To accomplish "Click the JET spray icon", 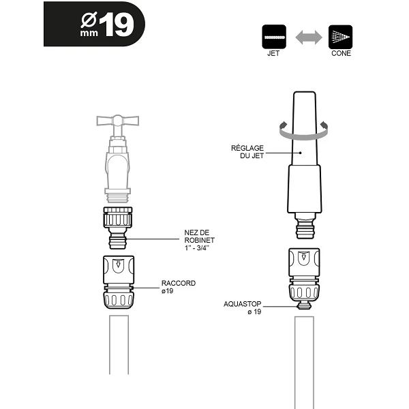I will coord(273,36).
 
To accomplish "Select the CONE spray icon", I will coord(339,36).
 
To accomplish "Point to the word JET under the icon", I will coord(273,54).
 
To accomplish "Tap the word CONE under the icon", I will coord(339,54).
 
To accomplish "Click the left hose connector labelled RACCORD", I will coord(120,283).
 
